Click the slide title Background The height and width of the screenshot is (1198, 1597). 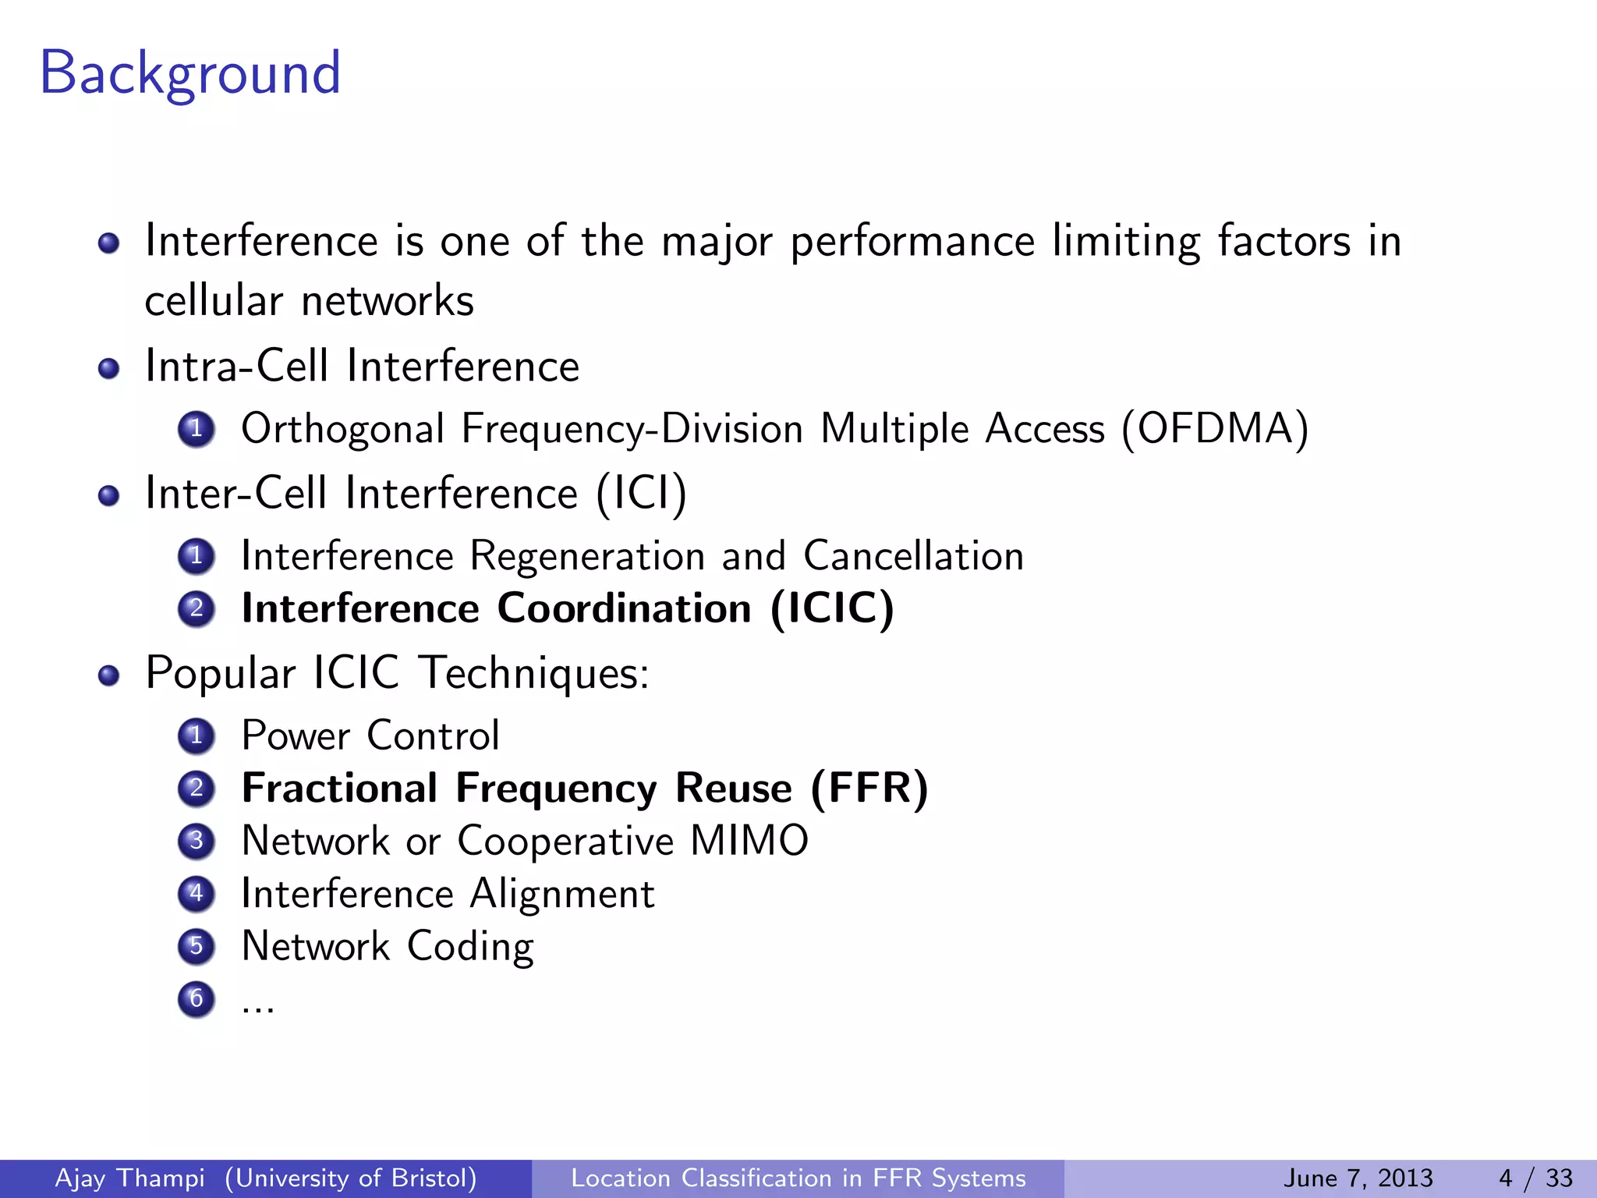[190, 73]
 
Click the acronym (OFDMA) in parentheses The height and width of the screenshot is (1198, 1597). [1215, 429]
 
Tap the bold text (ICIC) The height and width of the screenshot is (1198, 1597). [832, 608]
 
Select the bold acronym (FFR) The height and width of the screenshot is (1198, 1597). [869, 788]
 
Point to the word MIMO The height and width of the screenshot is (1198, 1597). [749, 841]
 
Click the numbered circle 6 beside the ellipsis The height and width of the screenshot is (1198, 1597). [197, 999]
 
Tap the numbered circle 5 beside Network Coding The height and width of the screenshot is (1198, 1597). [197, 946]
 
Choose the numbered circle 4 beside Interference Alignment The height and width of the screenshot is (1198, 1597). [197, 893]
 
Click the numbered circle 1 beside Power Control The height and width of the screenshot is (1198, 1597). [197, 735]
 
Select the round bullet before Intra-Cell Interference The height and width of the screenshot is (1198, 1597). [109, 367]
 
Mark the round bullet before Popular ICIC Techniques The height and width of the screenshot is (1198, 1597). [109, 675]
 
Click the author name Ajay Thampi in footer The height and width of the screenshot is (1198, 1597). [130, 1179]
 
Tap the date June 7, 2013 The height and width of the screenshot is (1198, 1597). [1358, 1179]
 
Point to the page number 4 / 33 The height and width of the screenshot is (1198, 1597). [1535, 1179]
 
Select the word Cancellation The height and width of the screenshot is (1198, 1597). [914, 556]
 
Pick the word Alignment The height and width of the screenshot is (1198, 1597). [562, 894]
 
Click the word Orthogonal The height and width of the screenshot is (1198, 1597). [343, 430]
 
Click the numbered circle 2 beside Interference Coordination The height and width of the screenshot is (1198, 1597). [197, 608]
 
